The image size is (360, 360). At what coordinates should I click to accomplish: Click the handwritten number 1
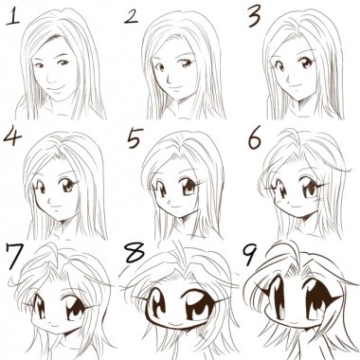(12, 16)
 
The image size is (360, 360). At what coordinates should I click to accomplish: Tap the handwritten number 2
(131, 16)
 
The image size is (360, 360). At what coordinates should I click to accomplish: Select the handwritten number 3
(254, 17)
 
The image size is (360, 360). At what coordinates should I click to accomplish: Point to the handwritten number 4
(12, 135)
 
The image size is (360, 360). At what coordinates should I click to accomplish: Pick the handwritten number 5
(135, 137)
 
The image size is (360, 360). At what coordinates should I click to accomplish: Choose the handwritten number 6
(255, 137)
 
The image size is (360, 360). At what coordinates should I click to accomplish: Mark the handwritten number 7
(14, 256)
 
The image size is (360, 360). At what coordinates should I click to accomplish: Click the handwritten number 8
(135, 253)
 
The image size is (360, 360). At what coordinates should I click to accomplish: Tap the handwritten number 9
(251, 255)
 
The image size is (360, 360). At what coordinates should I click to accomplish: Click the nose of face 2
(168, 79)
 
